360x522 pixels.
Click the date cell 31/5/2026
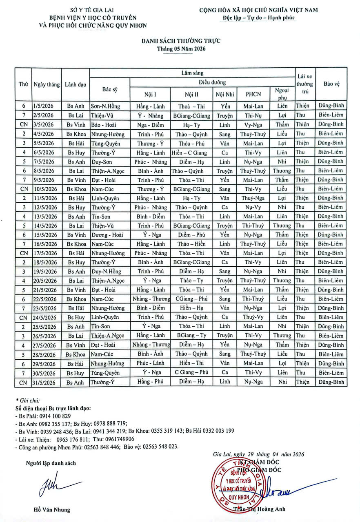[46, 382]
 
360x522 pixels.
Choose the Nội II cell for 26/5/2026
[191, 336]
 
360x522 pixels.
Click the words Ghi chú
[29, 401]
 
